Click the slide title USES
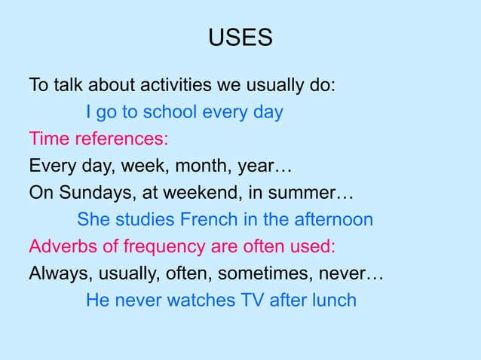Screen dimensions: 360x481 240,38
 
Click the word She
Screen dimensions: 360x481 93,221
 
